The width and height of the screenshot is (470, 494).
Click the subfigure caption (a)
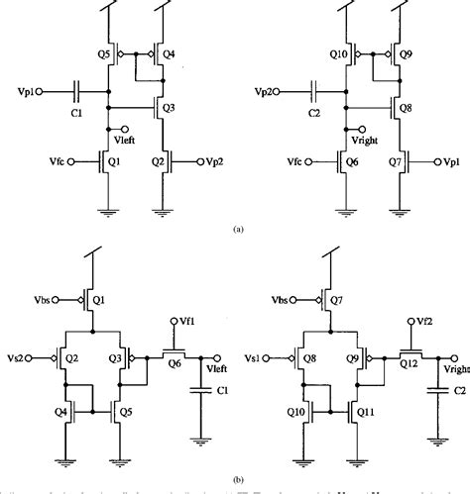[x=236, y=228]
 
